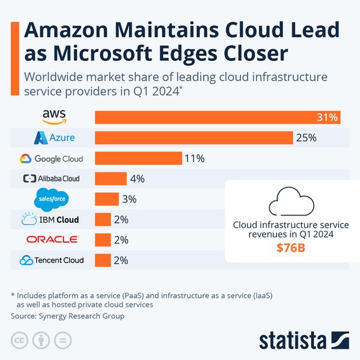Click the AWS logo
pyautogui.click(x=55, y=116)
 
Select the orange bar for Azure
pyautogui.click(x=194, y=137)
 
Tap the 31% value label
pyautogui.click(x=327, y=117)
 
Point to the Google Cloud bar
pyautogui.click(x=138, y=158)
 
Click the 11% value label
pyautogui.click(x=194, y=158)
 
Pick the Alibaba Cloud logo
pyautogui.click(x=52, y=179)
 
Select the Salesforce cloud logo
pyautogui.click(x=52, y=199)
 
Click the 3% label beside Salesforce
pyautogui.click(x=130, y=199)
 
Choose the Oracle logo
pyautogui.click(x=53, y=240)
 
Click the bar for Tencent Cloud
pyautogui.click(x=102, y=260)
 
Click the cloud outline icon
pyautogui.click(x=290, y=201)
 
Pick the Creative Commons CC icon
pyautogui.click(x=20, y=340)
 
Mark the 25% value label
pyautogui.click(x=306, y=137)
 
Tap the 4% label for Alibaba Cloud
pyautogui.click(x=137, y=179)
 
